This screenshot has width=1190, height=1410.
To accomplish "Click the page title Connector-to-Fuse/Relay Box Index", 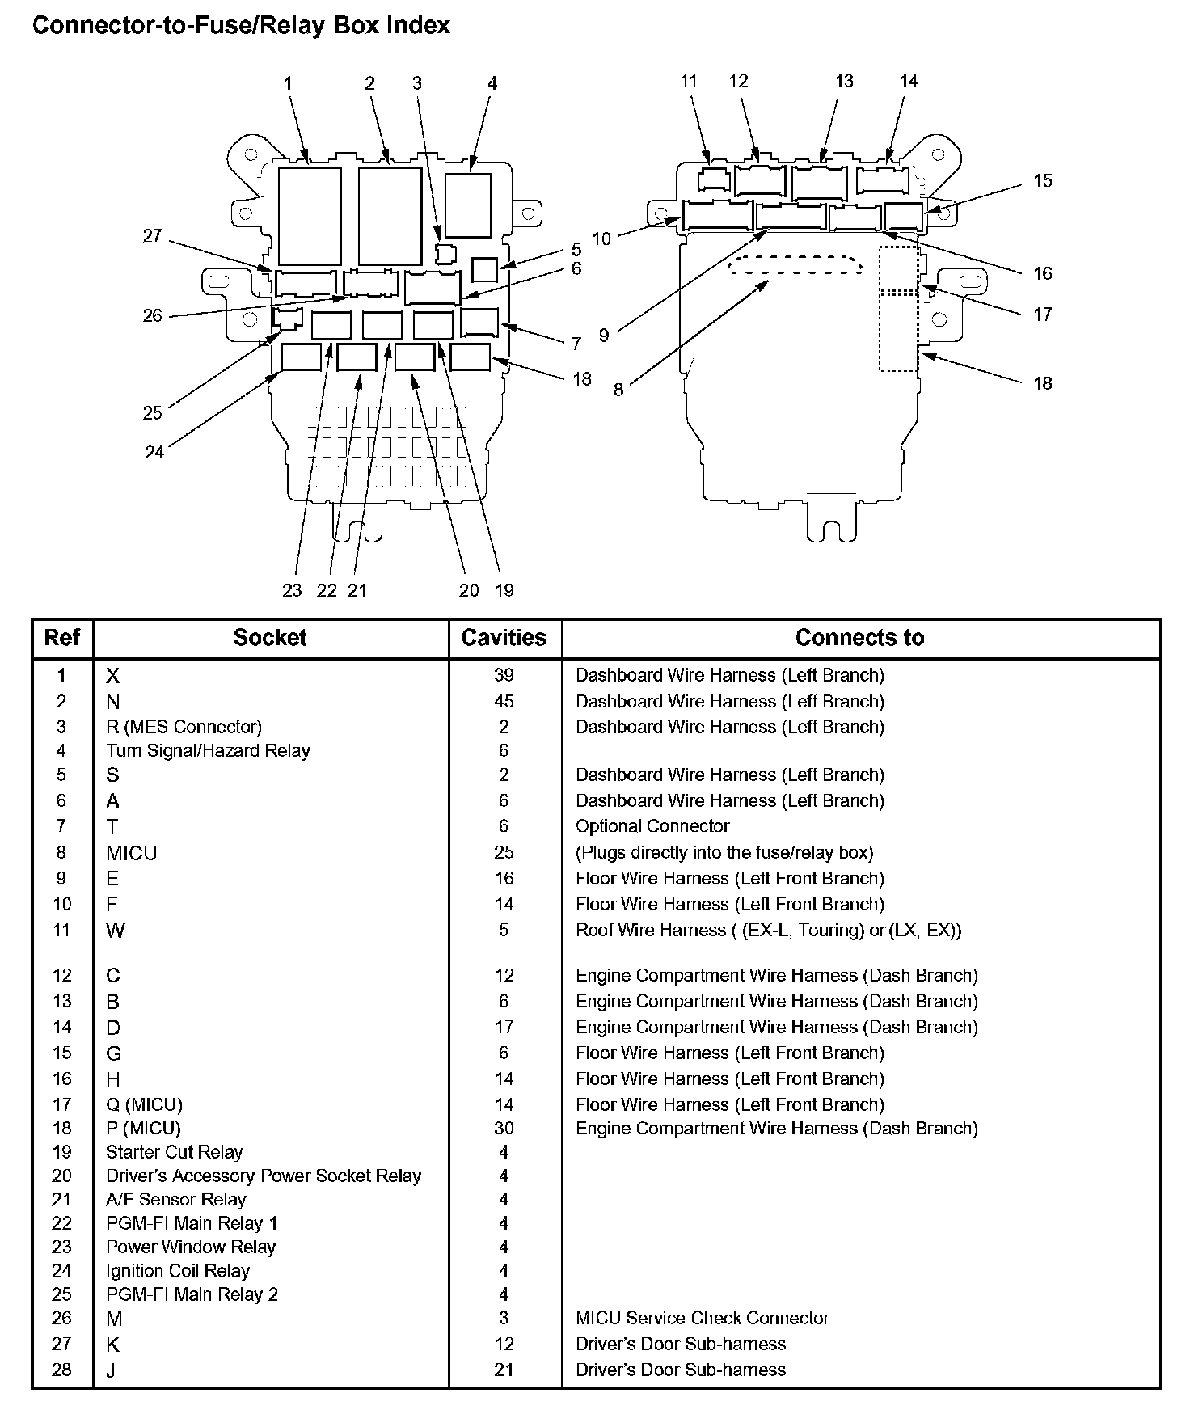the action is click(241, 26).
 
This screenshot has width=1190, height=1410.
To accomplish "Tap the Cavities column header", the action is click(504, 638).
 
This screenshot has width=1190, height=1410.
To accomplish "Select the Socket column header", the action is click(270, 638).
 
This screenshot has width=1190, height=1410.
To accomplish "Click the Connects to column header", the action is click(859, 638).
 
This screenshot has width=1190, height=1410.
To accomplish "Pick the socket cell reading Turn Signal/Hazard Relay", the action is click(208, 751).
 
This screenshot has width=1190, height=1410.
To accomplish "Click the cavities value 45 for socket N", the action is click(504, 701).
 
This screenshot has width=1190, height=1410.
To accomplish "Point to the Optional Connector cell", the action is click(652, 826).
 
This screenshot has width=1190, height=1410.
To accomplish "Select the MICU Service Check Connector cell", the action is click(703, 1319).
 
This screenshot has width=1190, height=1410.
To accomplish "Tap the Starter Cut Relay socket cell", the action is click(175, 1152).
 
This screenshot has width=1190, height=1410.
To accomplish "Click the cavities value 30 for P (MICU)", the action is click(504, 1129).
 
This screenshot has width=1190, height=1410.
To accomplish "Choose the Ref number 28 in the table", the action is click(61, 1370).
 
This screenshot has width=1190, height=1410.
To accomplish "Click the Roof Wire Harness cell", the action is click(769, 931).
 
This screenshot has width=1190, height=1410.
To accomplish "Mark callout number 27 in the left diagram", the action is click(152, 236).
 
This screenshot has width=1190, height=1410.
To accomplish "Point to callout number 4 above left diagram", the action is click(492, 83).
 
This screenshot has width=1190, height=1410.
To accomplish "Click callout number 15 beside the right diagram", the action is click(1043, 180).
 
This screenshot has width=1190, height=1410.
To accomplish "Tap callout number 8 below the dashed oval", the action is click(618, 390).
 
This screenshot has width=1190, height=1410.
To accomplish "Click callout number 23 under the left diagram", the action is click(292, 590).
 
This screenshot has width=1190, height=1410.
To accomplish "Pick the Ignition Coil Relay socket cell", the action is click(178, 1271).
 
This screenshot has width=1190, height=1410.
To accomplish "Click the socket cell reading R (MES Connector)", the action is click(184, 727).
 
